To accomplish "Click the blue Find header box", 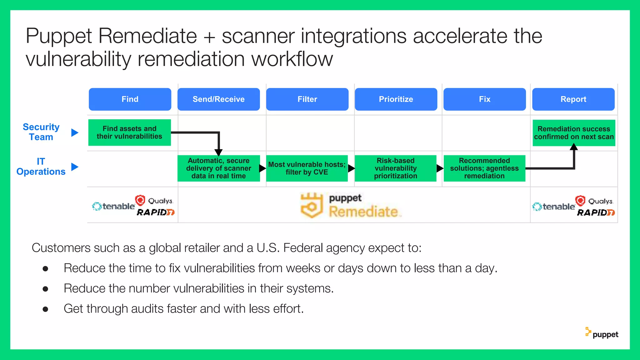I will pos(130,99).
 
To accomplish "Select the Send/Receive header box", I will pos(218,99).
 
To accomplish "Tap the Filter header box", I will pos(307,99).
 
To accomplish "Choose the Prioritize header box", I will pos(396,99).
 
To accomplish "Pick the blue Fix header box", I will pos(484,99).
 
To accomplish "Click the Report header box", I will pos(573,99).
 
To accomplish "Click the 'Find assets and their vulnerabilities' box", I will pos(129,132).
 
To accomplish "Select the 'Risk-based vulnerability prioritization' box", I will pos(395,168).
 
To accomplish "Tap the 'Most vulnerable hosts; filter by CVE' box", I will pos(307,168).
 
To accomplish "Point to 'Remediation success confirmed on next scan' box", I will pos(574,133).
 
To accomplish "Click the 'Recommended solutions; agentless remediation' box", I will pos(484,168).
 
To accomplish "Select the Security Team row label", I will pos(41,132).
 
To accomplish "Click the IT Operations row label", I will pos(41,167).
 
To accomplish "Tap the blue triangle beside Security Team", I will pos(74,132).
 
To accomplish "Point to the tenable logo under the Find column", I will pos(114,207).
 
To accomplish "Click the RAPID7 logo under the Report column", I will pos(595,213).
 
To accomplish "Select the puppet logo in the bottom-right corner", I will pos(602,333).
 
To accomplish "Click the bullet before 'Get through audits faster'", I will pos(45,309).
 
